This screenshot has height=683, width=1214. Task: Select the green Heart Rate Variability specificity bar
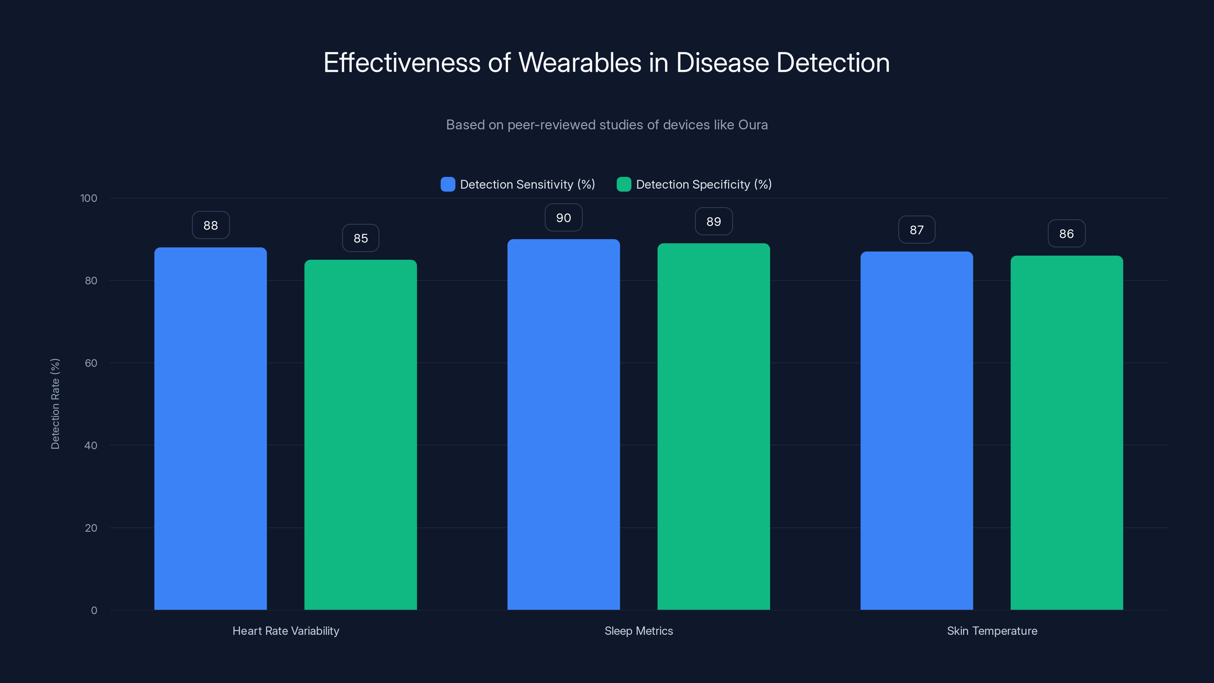(360, 434)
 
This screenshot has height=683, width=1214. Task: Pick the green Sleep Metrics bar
(714, 426)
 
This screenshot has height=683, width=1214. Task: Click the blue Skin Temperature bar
(916, 430)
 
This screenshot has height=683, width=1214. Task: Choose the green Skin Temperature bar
(1066, 432)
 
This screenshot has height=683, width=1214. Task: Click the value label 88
(211, 225)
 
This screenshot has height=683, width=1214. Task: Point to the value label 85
(360, 238)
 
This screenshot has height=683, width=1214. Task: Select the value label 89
(714, 222)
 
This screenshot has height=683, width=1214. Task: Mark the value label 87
(916, 230)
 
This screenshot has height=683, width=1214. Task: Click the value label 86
(1066, 234)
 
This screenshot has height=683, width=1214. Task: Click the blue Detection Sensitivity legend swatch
(448, 184)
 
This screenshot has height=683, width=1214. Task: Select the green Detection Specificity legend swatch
(623, 184)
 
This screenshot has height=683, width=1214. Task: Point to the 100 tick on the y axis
(89, 198)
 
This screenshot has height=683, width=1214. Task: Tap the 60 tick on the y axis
(91, 363)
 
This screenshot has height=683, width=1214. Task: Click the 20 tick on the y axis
(91, 528)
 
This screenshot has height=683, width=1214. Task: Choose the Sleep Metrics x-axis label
(638, 631)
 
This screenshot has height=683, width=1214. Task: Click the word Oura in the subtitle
(753, 125)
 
